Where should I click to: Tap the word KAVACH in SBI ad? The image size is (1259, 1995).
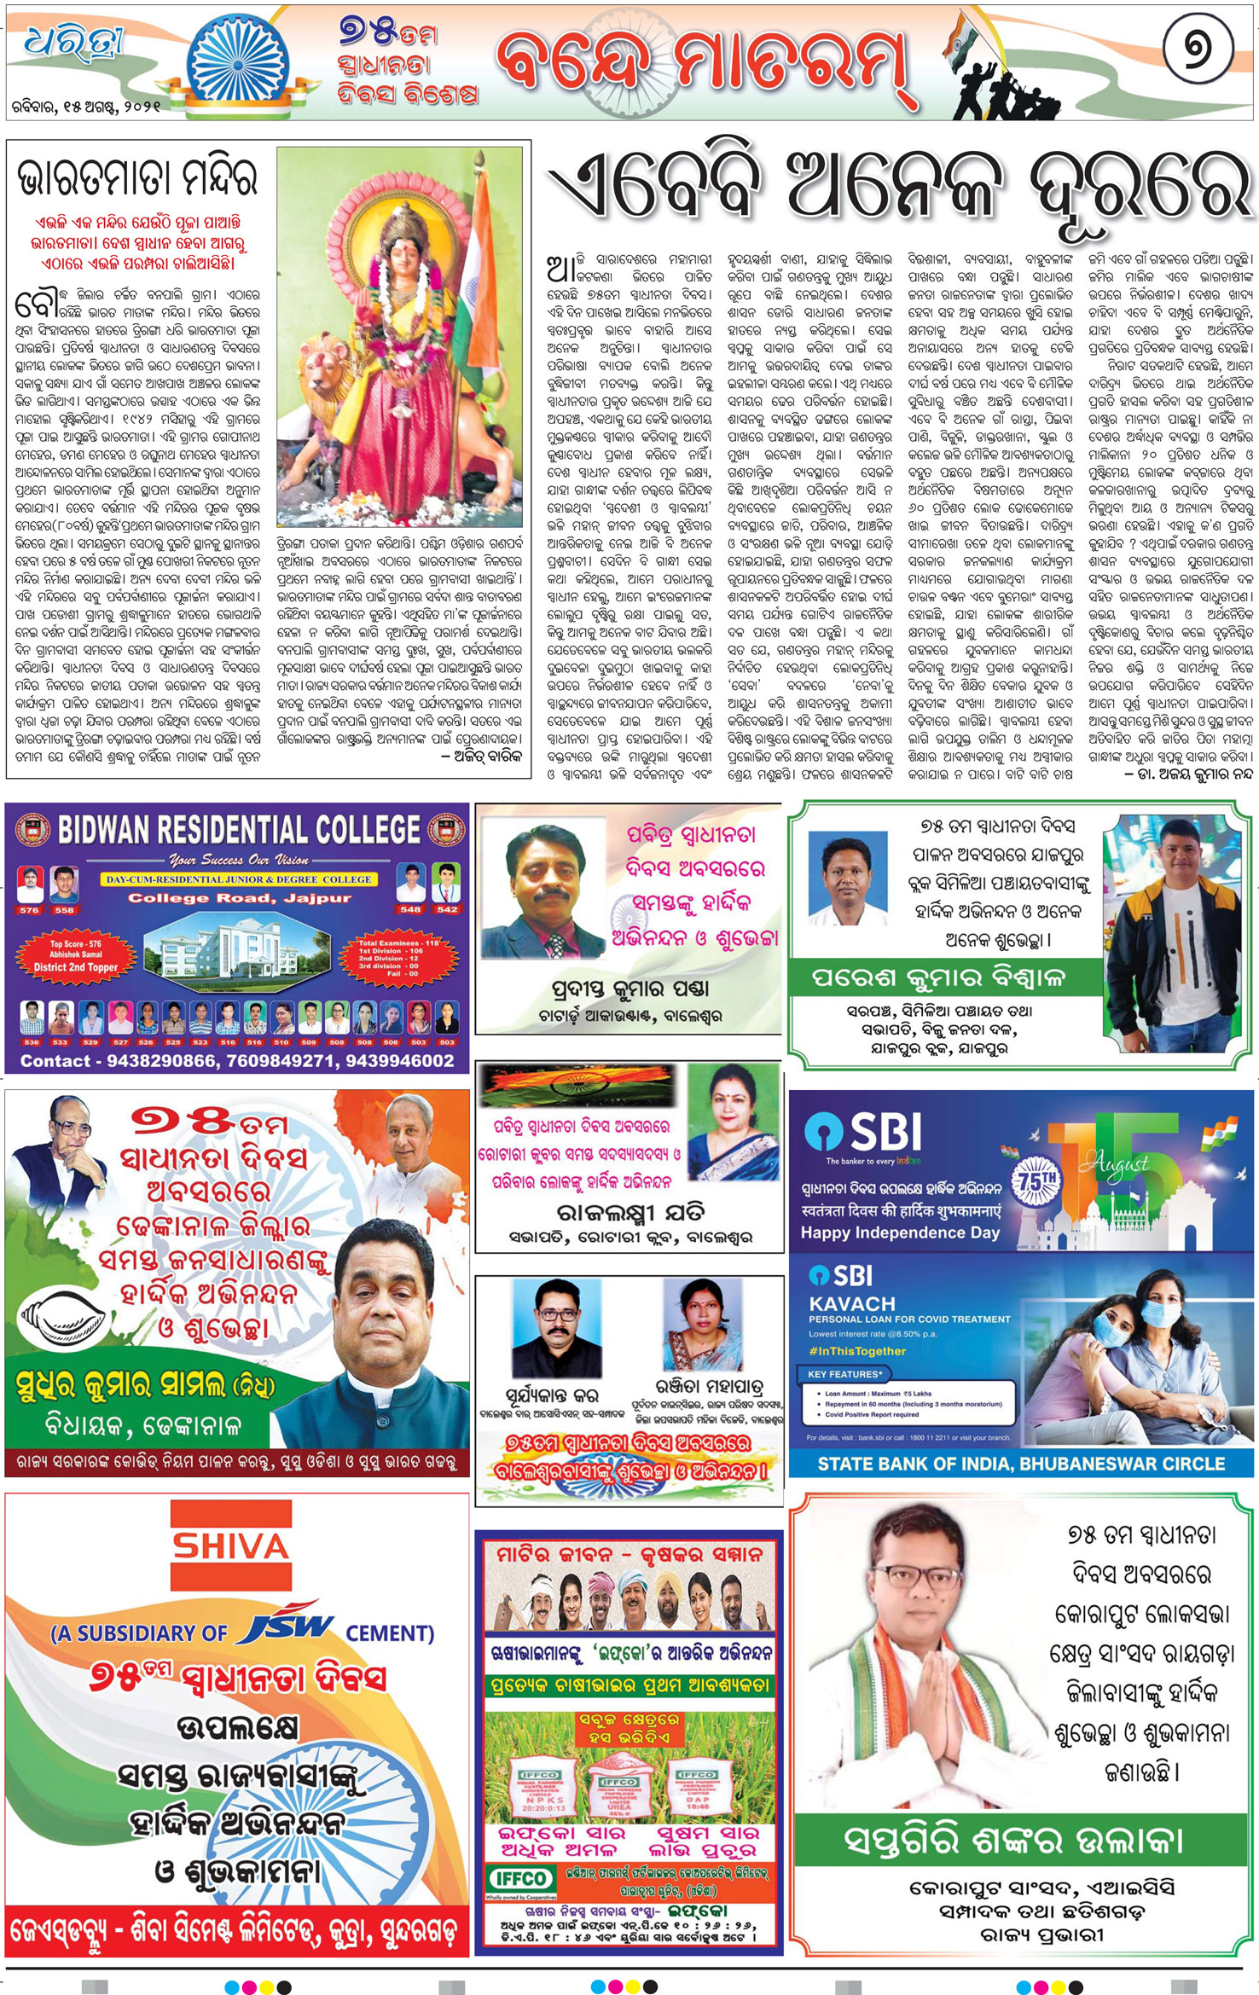pos(851,1303)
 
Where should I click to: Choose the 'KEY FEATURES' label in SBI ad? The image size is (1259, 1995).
pos(844,1374)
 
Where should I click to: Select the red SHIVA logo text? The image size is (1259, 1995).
pos(230,1546)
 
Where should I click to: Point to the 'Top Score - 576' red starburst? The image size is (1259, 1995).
pos(76,955)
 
